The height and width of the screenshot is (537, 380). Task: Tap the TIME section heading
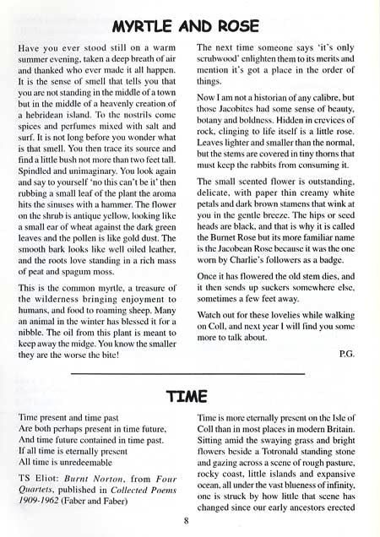[x=188, y=393]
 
